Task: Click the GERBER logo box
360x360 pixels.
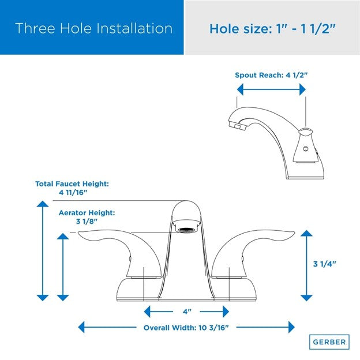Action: pyautogui.click(x=329, y=342)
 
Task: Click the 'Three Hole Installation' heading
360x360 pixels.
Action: pyautogui.click(x=94, y=28)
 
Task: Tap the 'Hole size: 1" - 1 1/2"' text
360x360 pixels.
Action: pyautogui.click(x=272, y=28)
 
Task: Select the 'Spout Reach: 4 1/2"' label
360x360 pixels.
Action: pyautogui.click(x=271, y=75)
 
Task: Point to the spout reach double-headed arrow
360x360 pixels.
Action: pyautogui.click(x=271, y=89)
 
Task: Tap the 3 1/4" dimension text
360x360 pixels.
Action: pyautogui.click(x=324, y=264)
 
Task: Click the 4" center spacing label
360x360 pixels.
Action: pyautogui.click(x=187, y=312)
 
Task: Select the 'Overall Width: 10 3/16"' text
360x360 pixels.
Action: pyautogui.click(x=186, y=327)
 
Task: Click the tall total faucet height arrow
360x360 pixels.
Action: pyautogui.click(x=43, y=251)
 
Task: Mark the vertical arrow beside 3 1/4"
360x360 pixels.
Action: pyautogui.click(x=306, y=265)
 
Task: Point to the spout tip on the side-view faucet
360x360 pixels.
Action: pyautogui.click(x=232, y=123)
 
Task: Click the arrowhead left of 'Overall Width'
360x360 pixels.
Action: pyautogui.click(x=82, y=327)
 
